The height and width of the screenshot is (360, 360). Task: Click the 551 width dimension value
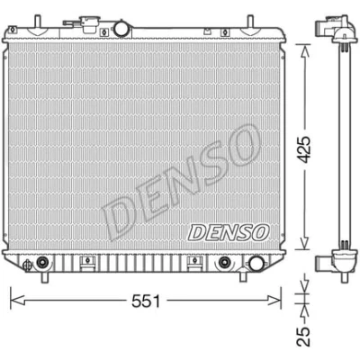point(146,301)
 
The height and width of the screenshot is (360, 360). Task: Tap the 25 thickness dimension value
point(303,337)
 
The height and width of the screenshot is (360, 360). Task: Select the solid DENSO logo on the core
point(229,232)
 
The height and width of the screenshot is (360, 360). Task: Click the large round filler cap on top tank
point(121,29)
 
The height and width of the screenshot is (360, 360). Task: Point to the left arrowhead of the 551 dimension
point(17,300)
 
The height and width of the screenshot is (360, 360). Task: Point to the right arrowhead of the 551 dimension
point(274,300)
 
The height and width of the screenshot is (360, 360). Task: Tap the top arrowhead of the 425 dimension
point(305,51)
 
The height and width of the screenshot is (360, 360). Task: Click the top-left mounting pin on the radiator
point(37,21)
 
